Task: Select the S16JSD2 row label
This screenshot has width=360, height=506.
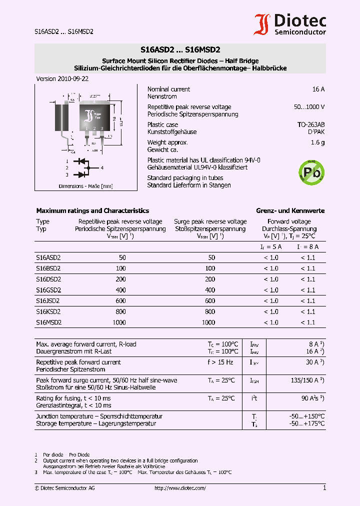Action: point(47,301)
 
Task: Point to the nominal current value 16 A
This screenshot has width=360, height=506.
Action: point(318,89)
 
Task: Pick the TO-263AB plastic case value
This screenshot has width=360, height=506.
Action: point(311,124)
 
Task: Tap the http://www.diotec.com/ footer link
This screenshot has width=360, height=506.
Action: point(180,488)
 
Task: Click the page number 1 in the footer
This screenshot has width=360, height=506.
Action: point(324,488)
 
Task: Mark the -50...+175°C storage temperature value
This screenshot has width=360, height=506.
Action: point(307,423)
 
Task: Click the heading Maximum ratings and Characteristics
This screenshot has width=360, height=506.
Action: point(92,211)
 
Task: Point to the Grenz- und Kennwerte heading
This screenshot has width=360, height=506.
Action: point(290,211)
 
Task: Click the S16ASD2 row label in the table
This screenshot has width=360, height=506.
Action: point(48,257)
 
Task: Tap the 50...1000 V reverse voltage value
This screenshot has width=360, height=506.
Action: point(309,107)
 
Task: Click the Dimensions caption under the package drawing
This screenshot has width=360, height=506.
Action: point(85,186)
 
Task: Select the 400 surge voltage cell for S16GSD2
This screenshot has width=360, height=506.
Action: point(210,290)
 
